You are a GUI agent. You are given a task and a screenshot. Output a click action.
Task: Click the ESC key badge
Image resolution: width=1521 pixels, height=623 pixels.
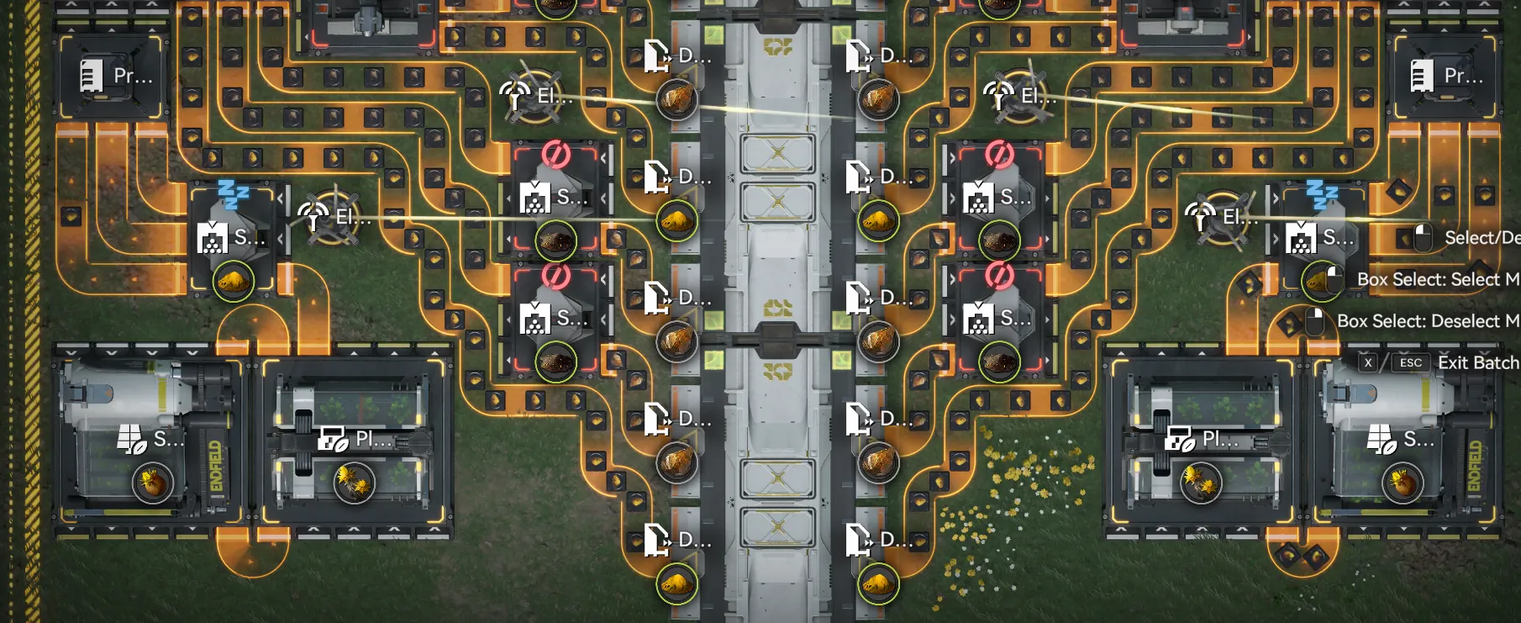[1411, 362]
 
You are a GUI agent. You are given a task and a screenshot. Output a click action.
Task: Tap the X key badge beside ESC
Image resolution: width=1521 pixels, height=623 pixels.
[1368, 362]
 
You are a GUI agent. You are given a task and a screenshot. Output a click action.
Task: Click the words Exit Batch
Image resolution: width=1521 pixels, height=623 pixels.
[1477, 362]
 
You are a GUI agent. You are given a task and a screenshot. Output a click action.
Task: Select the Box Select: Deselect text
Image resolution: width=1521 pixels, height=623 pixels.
[1427, 321]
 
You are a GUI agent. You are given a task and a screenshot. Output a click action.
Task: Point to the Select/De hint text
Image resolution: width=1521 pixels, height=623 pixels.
[1482, 238]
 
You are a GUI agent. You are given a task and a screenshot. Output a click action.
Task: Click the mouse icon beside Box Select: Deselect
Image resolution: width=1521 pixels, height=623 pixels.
[1315, 320]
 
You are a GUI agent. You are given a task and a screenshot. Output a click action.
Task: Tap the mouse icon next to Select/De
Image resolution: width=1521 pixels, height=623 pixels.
[1422, 237]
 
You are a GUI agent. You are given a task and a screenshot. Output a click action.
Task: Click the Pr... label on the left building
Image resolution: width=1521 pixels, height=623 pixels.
[133, 76]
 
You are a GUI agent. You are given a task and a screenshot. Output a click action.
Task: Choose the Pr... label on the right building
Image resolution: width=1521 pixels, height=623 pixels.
[1463, 76]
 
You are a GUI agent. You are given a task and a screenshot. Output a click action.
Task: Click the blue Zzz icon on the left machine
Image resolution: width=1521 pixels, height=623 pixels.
[232, 194]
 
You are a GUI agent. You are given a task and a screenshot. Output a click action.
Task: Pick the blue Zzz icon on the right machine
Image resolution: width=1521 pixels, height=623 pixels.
[1321, 194]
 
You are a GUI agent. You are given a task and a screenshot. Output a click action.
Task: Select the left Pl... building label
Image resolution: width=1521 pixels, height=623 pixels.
[373, 438]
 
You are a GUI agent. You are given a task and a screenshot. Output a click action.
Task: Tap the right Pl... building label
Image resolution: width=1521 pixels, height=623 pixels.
[1220, 438]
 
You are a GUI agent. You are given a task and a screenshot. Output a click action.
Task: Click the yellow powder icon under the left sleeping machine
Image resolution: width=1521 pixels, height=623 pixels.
[234, 282]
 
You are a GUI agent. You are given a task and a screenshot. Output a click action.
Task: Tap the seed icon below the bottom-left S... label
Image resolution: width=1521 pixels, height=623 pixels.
[152, 483]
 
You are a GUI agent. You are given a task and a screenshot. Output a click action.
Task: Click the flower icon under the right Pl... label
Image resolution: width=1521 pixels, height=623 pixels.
[1199, 483]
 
